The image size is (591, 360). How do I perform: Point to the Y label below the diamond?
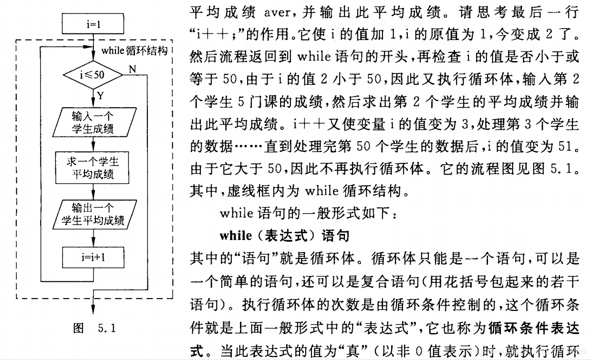101,96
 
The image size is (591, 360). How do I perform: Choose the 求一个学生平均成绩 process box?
93,168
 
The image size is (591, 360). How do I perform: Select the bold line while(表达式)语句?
284,236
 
